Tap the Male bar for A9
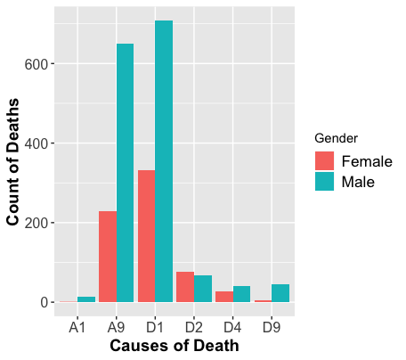tap(125, 173)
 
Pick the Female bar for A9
tap(107, 257)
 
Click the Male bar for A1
tap(86, 299)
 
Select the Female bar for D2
tap(185, 287)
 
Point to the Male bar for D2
tap(203, 289)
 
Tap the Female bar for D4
tap(224, 297)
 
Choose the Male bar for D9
tap(281, 293)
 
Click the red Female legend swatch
tap(324, 161)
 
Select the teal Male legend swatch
tap(324, 182)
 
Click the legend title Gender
tap(337, 139)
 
